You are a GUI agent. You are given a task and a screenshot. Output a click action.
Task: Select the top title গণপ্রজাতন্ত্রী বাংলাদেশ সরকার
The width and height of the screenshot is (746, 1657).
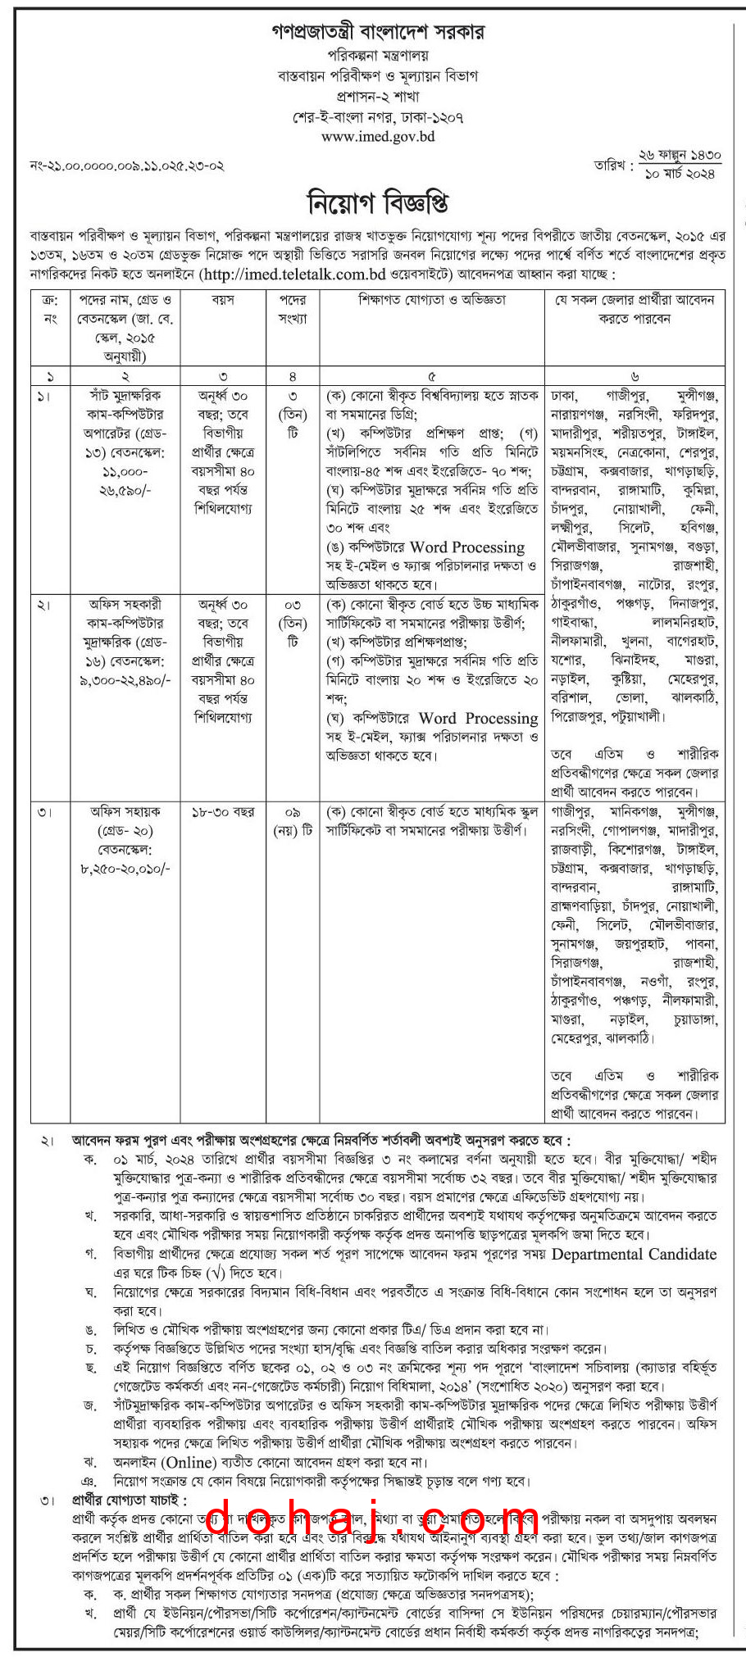(x=378, y=32)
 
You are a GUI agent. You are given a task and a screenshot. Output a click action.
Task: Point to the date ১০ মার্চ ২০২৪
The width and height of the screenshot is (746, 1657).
(x=680, y=174)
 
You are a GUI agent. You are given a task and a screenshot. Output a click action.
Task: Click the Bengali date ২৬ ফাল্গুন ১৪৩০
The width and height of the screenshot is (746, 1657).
(x=680, y=155)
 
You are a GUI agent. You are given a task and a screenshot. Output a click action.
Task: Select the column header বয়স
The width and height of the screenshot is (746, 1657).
(x=223, y=300)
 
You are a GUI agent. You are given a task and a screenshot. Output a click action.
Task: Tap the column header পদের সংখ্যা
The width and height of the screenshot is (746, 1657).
(x=293, y=309)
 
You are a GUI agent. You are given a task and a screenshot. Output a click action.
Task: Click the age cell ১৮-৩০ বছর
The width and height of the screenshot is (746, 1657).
(x=223, y=812)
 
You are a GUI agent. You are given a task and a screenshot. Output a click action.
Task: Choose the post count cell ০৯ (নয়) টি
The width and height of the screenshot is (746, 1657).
(x=293, y=821)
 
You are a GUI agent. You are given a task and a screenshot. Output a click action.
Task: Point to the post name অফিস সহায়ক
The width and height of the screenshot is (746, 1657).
(x=125, y=811)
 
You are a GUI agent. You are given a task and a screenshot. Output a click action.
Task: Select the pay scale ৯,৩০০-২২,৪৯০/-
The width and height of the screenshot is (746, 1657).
(x=125, y=680)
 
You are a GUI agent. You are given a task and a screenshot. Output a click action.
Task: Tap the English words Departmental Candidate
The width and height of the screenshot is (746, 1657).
(x=634, y=1255)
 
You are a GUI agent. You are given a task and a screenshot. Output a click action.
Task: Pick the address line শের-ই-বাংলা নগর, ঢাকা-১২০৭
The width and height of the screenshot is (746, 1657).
(x=378, y=116)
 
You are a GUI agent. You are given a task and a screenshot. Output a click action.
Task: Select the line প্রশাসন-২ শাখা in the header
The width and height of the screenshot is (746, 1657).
(x=378, y=96)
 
